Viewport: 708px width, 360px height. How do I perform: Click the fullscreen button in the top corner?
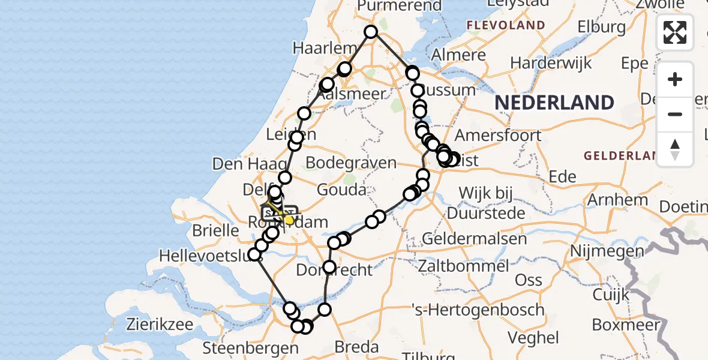pyautogui.click(x=675, y=32)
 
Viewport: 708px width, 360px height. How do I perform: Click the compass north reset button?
pyautogui.click(x=675, y=149)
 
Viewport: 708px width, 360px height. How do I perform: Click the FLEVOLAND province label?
pyautogui.click(x=506, y=26)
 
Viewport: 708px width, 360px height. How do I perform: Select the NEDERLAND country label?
pyautogui.click(x=554, y=103)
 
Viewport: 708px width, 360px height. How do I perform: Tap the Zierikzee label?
pyautogui.click(x=160, y=325)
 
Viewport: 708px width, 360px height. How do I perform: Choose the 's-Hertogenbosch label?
pyautogui.click(x=479, y=310)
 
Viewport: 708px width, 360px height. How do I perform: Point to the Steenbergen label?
pyautogui.click(x=250, y=347)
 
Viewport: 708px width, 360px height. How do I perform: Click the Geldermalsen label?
pyautogui.click(x=475, y=238)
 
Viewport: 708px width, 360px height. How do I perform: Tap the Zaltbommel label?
pyautogui.click(x=466, y=265)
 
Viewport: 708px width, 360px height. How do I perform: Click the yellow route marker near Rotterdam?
pyautogui.click(x=289, y=220)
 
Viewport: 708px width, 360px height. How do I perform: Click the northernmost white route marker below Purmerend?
pyautogui.click(x=371, y=32)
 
